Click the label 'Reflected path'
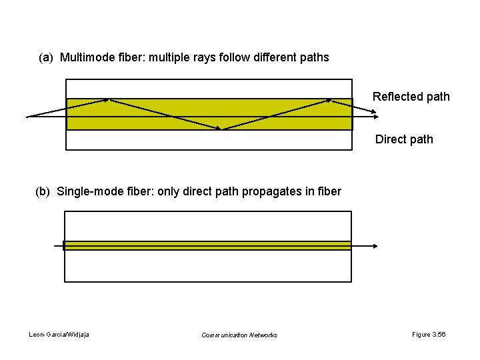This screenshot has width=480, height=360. pos(411,97)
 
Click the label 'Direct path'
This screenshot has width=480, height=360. pos(404,139)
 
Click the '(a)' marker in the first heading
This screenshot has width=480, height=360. pos(46,57)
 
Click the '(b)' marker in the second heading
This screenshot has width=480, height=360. pos(43,192)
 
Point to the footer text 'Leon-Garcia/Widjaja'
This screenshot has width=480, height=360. pos(59,334)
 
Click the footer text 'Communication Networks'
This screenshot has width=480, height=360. pos(239,335)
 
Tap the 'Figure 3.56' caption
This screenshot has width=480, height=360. pos(429,334)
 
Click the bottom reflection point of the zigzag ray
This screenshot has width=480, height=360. pos(223,129)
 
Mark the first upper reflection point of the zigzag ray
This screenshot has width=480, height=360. pos(109,100)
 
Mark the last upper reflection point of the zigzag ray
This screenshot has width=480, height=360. pos(331,100)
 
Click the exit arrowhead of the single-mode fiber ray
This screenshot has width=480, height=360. pos(375,246)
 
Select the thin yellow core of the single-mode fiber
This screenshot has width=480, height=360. pos(207,245)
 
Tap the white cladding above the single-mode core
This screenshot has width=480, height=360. pos(207,226)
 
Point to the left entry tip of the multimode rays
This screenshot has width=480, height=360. pos(28,117)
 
